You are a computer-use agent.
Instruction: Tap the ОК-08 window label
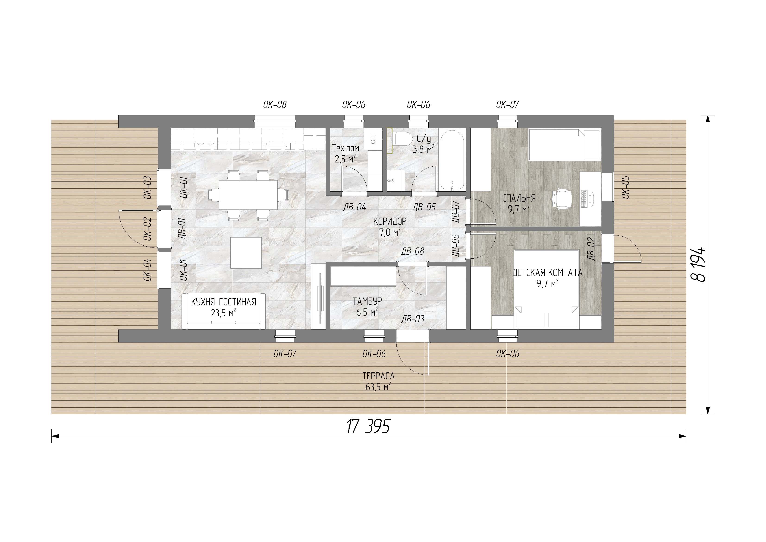275,105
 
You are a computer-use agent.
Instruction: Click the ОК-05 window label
625,187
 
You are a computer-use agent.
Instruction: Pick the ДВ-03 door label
413,319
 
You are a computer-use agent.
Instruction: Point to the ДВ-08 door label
412,251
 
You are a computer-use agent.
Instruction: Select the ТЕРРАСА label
378,376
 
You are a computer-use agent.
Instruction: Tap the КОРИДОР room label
390,221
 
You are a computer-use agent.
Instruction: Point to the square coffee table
246,253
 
